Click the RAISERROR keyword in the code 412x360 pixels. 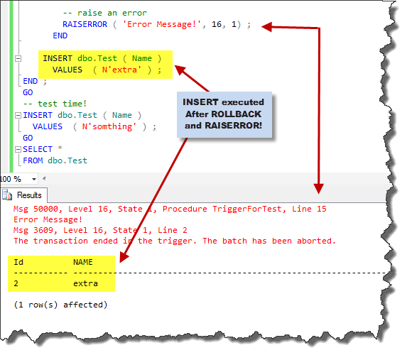(x=85, y=24)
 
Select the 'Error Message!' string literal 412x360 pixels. (x=162, y=24)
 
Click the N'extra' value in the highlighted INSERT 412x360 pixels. (x=121, y=70)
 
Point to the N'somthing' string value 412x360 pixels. (x=109, y=126)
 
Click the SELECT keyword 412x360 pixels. (x=38, y=149)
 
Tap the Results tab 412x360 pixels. (x=24, y=195)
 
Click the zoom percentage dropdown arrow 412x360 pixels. (x=34, y=180)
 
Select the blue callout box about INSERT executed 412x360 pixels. (x=224, y=114)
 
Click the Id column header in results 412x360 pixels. (x=18, y=262)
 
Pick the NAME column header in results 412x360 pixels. (x=83, y=262)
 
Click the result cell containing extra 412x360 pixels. (x=85, y=283)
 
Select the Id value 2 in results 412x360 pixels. (x=16, y=283)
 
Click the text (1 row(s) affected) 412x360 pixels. (x=60, y=305)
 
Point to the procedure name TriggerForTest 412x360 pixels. (x=247, y=209)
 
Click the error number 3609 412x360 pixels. (x=43, y=230)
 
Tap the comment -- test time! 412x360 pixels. (x=55, y=104)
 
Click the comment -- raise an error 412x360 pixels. (x=105, y=13)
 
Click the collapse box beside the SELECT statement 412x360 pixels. (x=18, y=150)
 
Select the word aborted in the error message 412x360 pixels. (x=316, y=241)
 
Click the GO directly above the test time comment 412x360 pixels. (x=28, y=92)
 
